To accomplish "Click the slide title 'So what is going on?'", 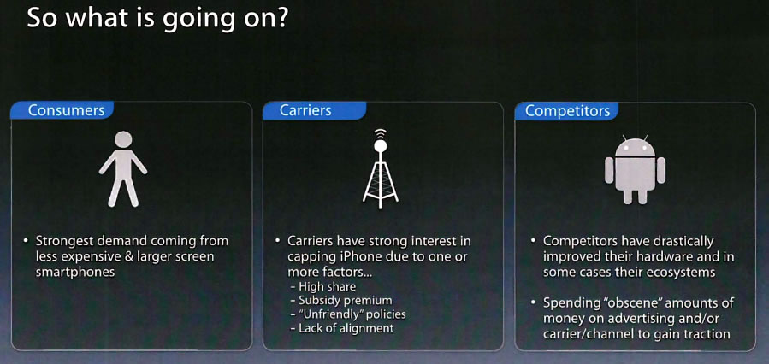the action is coord(157,20).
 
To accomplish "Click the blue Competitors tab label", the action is coord(566,110).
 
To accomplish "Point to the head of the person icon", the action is coord(123,139).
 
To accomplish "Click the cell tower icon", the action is coord(381,168).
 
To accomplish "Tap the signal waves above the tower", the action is coord(381,133).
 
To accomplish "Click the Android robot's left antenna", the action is coord(624,138).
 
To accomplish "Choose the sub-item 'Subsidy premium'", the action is coord(341,300).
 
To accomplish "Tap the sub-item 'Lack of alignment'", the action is coord(342,328).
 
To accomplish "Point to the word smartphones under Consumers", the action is coord(75,272).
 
